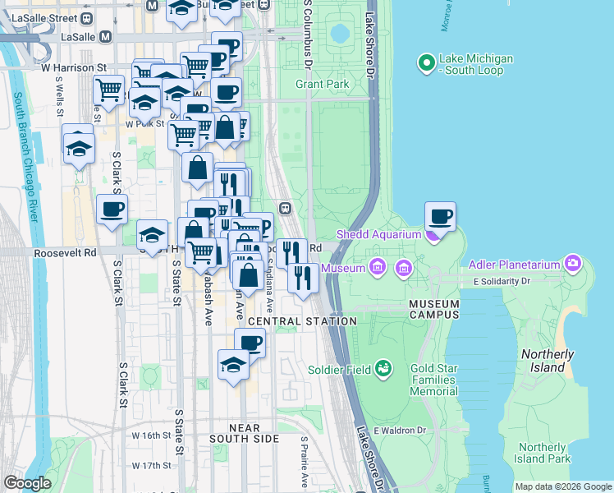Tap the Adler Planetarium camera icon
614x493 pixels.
click(572, 265)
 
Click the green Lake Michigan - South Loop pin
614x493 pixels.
click(426, 63)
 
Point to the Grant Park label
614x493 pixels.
click(323, 84)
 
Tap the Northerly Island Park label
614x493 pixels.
click(543, 453)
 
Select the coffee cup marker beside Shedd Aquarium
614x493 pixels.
click(440, 217)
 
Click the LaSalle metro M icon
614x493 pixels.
click(105, 37)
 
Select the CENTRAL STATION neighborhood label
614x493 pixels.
click(302, 321)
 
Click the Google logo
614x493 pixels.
click(27, 483)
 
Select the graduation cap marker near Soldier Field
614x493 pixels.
click(233, 364)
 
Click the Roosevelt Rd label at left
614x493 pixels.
click(66, 253)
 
